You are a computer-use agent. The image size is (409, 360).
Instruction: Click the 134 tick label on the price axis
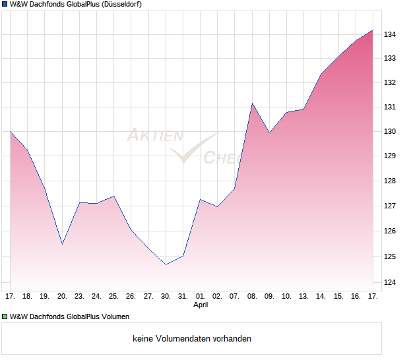pyautogui.click(x=391, y=34)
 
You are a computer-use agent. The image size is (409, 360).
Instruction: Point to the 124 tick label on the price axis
pyautogui.click(x=391, y=283)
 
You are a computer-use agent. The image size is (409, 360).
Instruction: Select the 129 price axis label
pyautogui.click(x=391, y=156)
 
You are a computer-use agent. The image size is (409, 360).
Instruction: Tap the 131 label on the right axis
pyautogui.click(x=391, y=107)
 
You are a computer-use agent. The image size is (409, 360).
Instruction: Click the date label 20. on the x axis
pyautogui.click(x=62, y=296)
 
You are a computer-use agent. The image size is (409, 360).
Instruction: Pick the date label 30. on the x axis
pyautogui.click(x=166, y=296)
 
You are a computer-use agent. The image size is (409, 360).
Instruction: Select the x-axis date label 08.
pyautogui.click(x=252, y=296)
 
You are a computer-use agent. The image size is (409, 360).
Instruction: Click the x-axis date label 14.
pyautogui.click(x=321, y=296)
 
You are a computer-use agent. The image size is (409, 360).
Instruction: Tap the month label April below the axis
pyautogui.click(x=201, y=305)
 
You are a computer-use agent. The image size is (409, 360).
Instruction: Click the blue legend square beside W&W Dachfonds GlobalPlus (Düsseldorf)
pyautogui.click(x=5, y=5)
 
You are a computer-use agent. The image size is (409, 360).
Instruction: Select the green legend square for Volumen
pyautogui.click(x=5, y=316)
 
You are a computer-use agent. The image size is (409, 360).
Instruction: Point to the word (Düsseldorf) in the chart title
pyautogui.click(x=123, y=5)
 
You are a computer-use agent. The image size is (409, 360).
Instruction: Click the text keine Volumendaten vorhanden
pyautogui.click(x=192, y=339)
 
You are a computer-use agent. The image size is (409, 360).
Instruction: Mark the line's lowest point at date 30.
pyautogui.click(x=166, y=264)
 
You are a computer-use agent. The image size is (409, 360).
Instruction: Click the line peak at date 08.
pyautogui.click(x=252, y=103)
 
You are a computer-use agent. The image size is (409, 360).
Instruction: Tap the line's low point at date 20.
pyautogui.click(x=62, y=245)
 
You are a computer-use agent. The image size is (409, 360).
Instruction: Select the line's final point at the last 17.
pyautogui.click(x=373, y=30)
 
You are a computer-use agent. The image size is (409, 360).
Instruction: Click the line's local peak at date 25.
pyautogui.click(x=114, y=196)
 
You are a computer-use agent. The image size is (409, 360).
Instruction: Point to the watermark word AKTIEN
pyautogui.click(x=154, y=136)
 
